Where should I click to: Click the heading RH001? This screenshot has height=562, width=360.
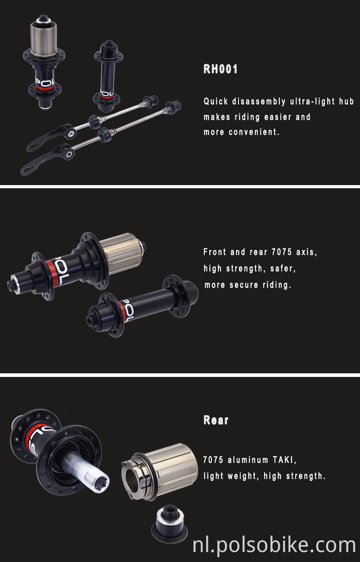[x=220, y=69]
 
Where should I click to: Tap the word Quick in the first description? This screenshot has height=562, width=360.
[x=216, y=101]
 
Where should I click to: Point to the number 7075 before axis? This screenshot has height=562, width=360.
[x=282, y=252]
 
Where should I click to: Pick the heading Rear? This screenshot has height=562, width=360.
[x=216, y=420]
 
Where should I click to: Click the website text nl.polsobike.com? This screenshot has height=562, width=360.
[x=274, y=545]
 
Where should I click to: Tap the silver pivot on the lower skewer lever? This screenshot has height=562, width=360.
[x=69, y=154]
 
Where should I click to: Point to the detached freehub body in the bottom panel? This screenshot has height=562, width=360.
[x=162, y=471]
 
